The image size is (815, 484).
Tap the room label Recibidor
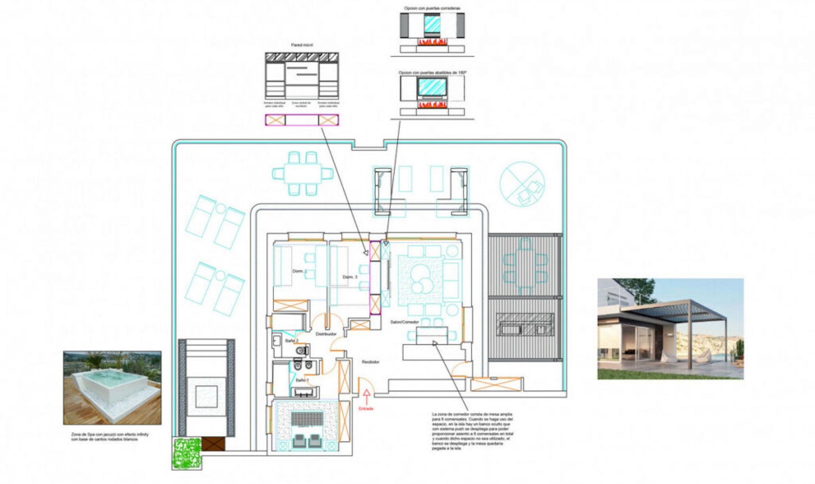pyautogui.click(x=371, y=362)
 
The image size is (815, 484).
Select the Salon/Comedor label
pyautogui.click(x=405, y=322)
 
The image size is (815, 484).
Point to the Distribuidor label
pyautogui.click(x=326, y=334)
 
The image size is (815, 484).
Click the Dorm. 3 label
pyautogui.click(x=350, y=277)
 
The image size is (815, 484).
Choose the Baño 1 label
pyautogui.click(x=302, y=380)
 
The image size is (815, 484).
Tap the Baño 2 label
pyautogui.click(x=292, y=341)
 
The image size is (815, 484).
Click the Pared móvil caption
pyautogui.click(x=302, y=45)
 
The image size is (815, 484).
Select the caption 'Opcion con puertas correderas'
pyautogui.click(x=432, y=8)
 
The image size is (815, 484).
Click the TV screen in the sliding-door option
pyautogui.click(x=432, y=24)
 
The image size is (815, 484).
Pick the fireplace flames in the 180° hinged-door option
pyautogui.click(x=432, y=104)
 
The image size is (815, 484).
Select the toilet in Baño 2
pyautogui.click(x=302, y=351)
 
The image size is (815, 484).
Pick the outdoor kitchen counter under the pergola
pyautogui.click(x=525, y=325)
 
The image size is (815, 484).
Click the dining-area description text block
pyautogui.click(x=472, y=431)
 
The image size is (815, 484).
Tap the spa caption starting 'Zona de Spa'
pyautogui.click(x=110, y=437)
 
